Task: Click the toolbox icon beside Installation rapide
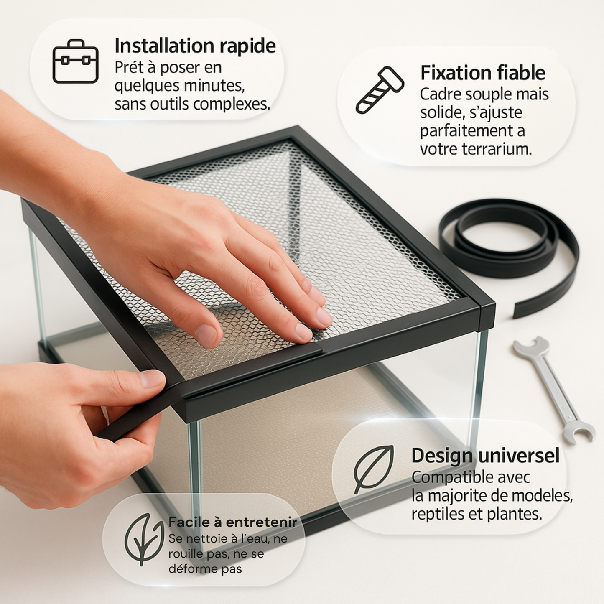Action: (x=76, y=61)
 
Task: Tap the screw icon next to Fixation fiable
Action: (x=380, y=90)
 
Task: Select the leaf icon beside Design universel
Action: (x=374, y=469)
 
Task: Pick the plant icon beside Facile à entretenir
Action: (x=144, y=539)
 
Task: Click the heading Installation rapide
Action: (x=195, y=46)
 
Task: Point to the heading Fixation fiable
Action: (x=483, y=73)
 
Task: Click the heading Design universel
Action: (x=486, y=456)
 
